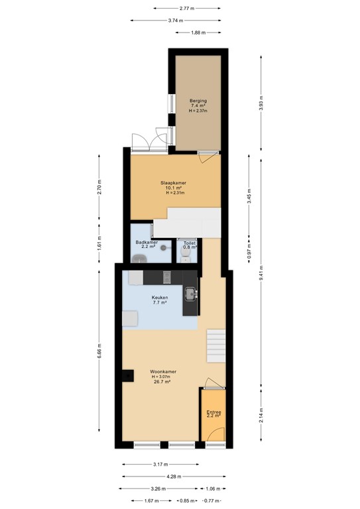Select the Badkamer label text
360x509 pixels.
tap(147, 243)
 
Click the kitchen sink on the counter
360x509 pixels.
tap(190, 292)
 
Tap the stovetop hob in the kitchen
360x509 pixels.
tap(168, 275)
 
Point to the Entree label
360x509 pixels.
tap(213, 412)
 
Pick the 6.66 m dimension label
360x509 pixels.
tap(99, 351)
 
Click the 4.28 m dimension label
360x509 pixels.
tap(174, 476)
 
